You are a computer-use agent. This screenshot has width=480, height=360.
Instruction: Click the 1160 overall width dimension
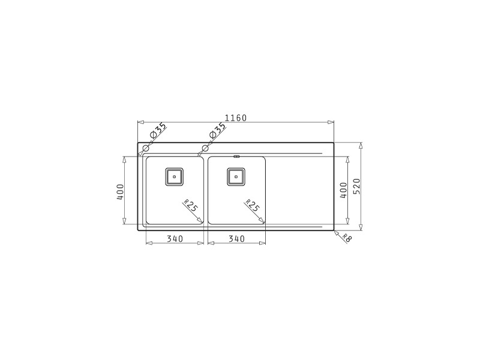[x=236, y=118]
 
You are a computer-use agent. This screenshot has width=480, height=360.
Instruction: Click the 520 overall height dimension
[x=357, y=187]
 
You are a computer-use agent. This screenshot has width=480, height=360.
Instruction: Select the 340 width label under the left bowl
[x=175, y=238]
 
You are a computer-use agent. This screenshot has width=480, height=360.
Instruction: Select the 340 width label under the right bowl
[x=236, y=238]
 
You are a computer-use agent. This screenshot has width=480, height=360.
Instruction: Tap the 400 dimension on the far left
[x=120, y=192]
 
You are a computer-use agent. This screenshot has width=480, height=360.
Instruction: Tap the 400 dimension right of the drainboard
[x=343, y=190]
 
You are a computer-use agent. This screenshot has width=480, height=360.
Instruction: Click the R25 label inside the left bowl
[x=191, y=205]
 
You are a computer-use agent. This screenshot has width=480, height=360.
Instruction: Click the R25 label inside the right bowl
[x=253, y=205]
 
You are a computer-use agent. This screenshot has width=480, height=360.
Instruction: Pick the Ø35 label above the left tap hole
[x=158, y=130]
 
